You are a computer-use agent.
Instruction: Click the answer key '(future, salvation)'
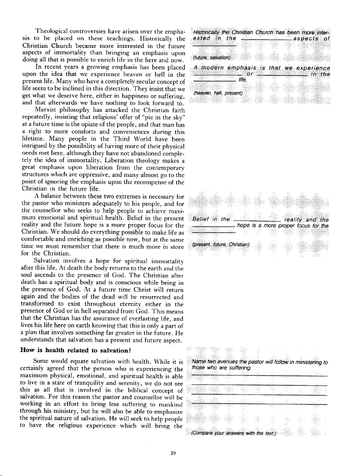point(211,58)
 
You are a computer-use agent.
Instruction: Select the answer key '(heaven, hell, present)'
point(218,93)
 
